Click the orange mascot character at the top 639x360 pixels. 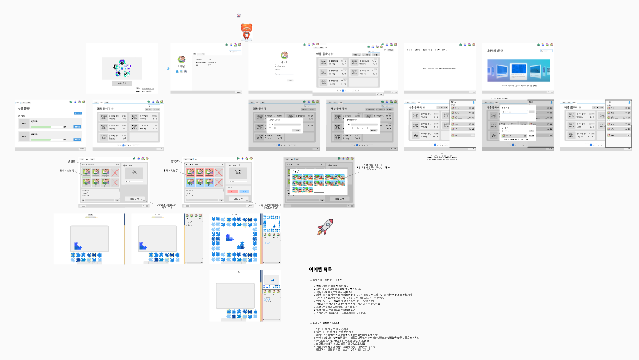click(247, 31)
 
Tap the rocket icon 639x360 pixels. click(324, 228)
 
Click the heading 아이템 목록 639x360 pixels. click(320, 269)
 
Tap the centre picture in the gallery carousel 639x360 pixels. click(518, 70)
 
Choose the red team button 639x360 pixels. click(232, 191)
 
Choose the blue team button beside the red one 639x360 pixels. click(245, 191)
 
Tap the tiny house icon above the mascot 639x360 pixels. click(238, 16)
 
